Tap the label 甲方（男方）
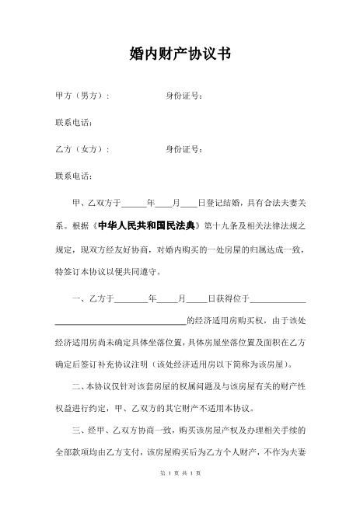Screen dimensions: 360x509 tap(82, 96)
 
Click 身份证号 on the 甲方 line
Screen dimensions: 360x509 tap(184, 96)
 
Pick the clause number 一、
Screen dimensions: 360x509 tap(79, 298)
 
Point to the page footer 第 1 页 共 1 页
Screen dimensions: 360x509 tap(180, 494)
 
